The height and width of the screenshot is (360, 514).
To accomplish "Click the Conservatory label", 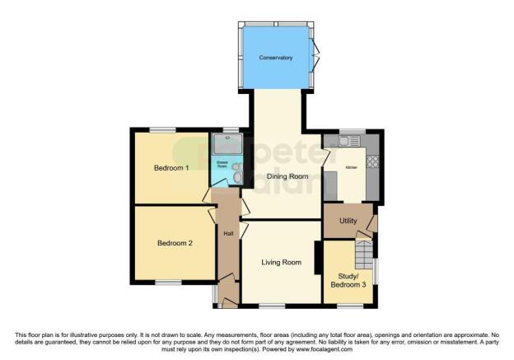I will (276, 58).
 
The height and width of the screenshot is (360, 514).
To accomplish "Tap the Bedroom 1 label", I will (171, 168).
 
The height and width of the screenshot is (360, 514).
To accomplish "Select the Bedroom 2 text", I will (174, 243).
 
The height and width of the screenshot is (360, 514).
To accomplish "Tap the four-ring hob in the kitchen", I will (372, 161).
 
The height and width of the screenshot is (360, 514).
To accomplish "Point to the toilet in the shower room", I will (237, 175).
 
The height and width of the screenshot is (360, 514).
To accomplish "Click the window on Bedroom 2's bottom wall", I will (168, 283).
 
